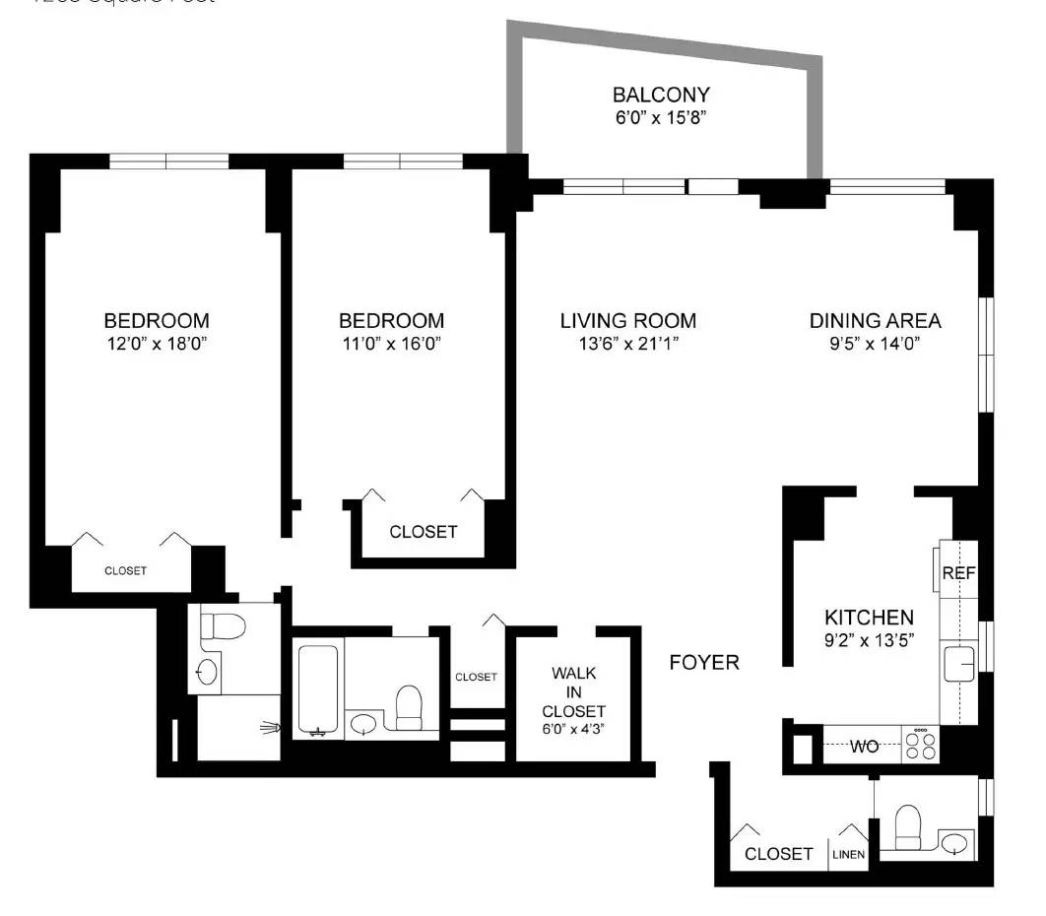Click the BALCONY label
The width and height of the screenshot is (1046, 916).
tap(661, 96)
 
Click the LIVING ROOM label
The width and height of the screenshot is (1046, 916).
tap(627, 321)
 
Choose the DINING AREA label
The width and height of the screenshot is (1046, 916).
tap(875, 321)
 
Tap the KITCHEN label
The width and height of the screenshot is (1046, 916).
tap(869, 618)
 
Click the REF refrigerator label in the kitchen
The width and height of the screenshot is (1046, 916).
tap(957, 573)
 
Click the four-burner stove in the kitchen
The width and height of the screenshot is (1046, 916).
tap(921, 744)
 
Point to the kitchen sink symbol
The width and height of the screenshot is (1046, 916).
tap(958, 664)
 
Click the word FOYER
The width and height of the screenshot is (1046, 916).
tap(703, 663)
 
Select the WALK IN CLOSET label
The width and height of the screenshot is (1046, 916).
tap(578, 692)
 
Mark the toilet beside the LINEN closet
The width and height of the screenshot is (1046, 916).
tap(907, 826)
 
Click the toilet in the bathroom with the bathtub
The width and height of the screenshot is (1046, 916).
tap(409, 705)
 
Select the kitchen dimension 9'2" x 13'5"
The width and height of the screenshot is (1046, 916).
tap(869, 641)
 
